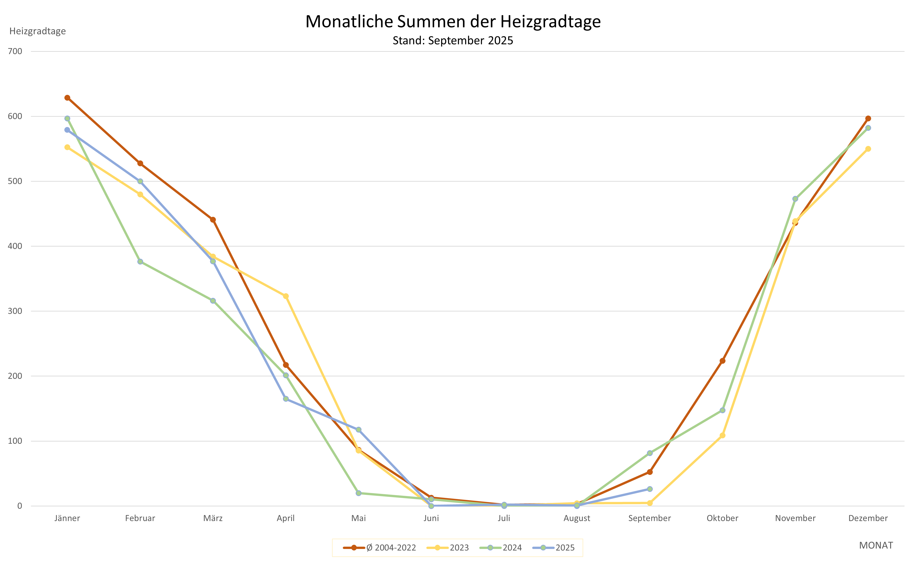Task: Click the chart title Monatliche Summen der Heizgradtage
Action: pyautogui.click(x=453, y=22)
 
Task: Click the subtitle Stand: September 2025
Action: pyautogui.click(x=453, y=41)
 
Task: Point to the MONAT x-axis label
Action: pyautogui.click(x=876, y=546)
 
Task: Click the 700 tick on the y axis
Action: pyautogui.click(x=15, y=51)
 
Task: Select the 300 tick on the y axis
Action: pyautogui.click(x=15, y=311)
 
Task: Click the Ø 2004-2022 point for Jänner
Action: pyautogui.click(x=67, y=98)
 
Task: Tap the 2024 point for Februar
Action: pyautogui.click(x=140, y=262)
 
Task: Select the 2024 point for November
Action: pyautogui.click(x=795, y=199)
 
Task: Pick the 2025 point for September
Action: pyautogui.click(x=650, y=489)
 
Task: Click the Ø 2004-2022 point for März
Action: pyautogui.click(x=213, y=220)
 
